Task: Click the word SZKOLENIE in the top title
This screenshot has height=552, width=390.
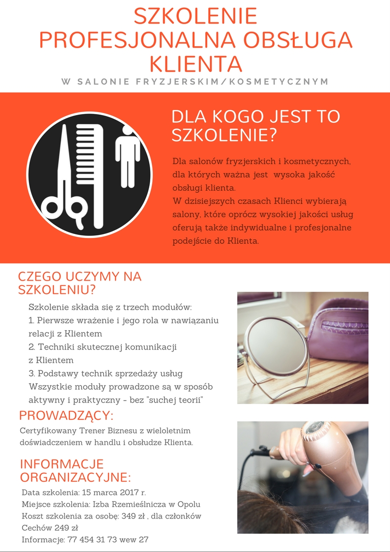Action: coord(195,16)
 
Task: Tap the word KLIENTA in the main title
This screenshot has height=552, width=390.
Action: coord(196,64)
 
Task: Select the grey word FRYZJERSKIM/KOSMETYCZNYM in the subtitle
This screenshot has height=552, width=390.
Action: coord(232,82)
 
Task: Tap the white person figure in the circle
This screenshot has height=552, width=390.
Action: coord(128,158)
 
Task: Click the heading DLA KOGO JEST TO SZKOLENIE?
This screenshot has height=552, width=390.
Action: coord(256,126)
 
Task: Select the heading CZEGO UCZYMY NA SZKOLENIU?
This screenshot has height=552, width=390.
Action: coord(80,283)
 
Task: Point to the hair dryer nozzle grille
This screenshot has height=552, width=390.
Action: coord(315,428)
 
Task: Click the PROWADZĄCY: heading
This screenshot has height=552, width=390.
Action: coord(66,415)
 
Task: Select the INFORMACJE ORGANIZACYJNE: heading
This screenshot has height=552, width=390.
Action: coord(76,471)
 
